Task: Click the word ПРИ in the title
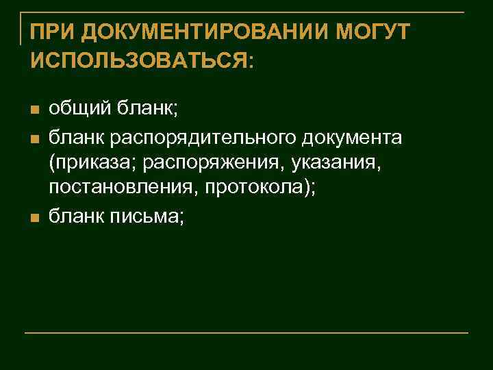49,32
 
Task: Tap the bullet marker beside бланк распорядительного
36,138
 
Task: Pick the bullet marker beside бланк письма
36,218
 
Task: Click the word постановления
117,191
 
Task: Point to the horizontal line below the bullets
246,333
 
